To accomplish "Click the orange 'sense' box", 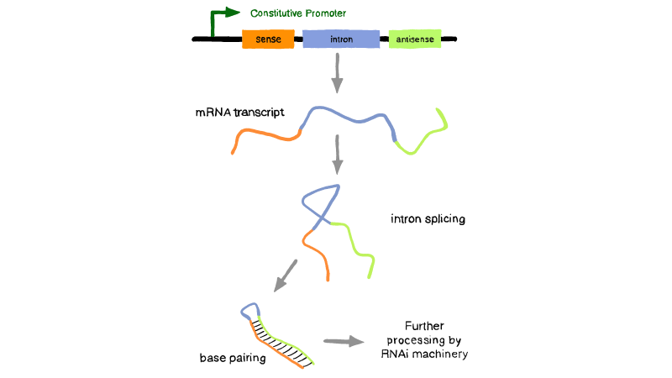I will tap(268, 39).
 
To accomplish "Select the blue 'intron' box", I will tap(340, 39).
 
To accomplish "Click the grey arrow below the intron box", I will tap(337, 74).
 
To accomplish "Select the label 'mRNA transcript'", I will tap(239, 112).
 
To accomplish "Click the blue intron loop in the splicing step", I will tap(319, 200).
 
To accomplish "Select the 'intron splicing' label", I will tap(428, 219).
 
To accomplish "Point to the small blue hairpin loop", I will tap(249, 312).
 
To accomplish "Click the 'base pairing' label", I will tap(233, 358).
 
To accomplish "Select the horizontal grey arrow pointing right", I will tap(344, 341).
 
